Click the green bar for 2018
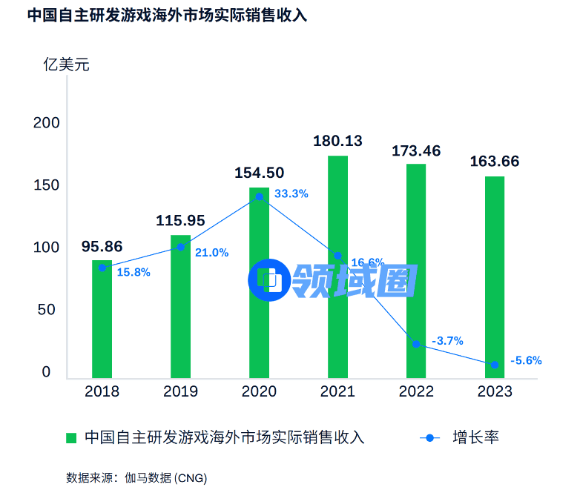[x=102, y=319]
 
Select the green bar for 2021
[x=337, y=267]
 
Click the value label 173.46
[x=416, y=151]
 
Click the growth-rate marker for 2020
[x=259, y=196]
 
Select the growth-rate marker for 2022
[x=416, y=344]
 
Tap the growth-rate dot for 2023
[x=495, y=364]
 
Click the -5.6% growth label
[x=526, y=361]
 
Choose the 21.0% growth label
[x=211, y=253]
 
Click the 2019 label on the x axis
[x=180, y=391]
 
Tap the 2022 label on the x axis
[x=416, y=391]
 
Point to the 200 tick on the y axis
[x=45, y=123]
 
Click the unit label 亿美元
[x=66, y=64]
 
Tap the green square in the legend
[x=71, y=437]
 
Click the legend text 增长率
[x=475, y=437]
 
